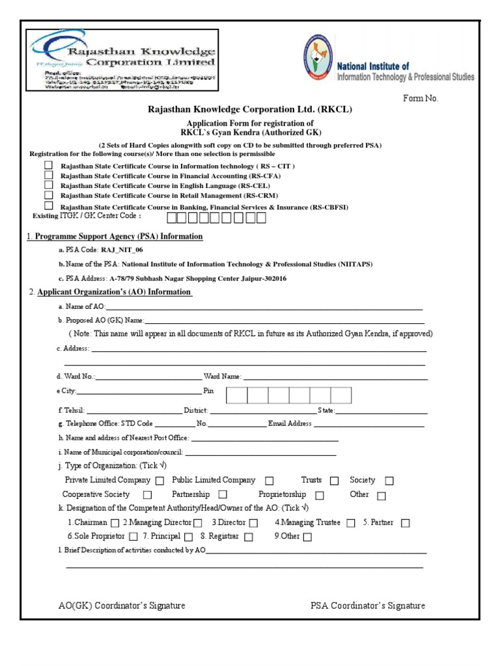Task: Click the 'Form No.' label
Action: point(421,99)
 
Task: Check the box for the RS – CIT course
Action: point(48,165)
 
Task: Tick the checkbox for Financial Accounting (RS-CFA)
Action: point(48,175)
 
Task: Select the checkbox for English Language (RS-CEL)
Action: point(48,185)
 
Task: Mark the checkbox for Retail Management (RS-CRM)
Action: point(48,194)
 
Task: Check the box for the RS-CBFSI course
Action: point(48,205)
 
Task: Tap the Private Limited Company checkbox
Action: point(160,481)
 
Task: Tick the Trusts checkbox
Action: point(334,481)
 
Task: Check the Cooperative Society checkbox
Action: point(147,496)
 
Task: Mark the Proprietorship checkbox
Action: point(319,496)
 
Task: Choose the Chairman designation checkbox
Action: point(115,523)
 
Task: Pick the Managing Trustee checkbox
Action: point(351,523)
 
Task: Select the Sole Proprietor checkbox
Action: point(133,537)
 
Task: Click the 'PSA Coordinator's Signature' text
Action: point(368,606)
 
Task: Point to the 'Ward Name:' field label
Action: point(223,377)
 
